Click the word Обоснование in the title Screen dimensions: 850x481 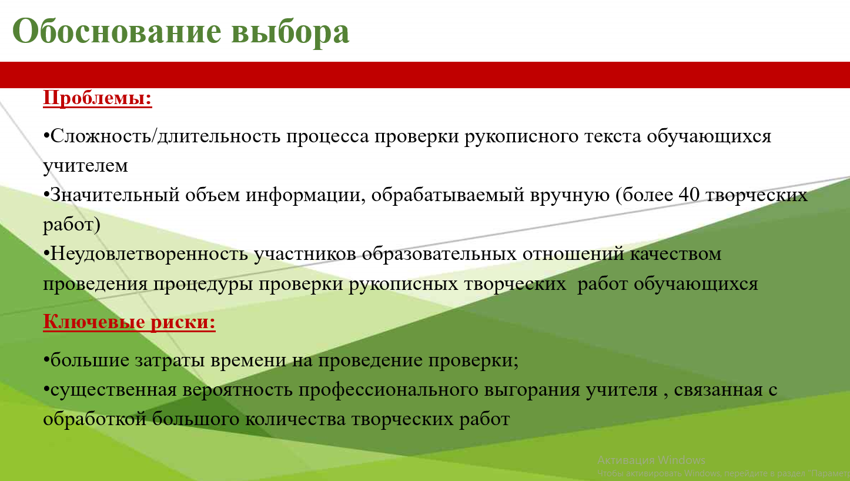[x=117, y=31]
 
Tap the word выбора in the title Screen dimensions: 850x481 [x=290, y=33]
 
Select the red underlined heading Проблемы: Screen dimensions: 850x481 [x=98, y=98]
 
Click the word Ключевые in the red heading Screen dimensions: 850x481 [x=94, y=322]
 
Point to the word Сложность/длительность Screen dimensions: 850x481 [x=165, y=136]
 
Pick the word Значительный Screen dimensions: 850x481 [x=115, y=195]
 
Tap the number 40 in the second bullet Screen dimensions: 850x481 [x=689, y=195]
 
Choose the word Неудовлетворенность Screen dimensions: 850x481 [x=149, y=253]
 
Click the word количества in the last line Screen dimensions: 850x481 [x=295, y=419]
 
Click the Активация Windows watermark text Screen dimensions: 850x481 [x=651, y=460]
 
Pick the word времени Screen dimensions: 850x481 [x=248, y=360]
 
